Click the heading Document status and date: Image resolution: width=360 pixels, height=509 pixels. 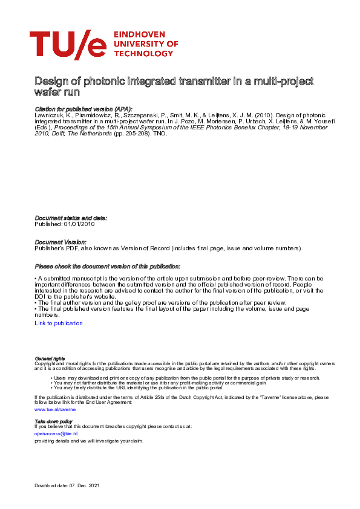point(71,218)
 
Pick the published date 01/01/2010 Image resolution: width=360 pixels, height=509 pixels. point(79,224)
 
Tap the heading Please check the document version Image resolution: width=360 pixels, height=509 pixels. point(107,266)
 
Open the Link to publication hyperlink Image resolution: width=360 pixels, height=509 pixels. point(59,323)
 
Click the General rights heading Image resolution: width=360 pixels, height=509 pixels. point(50,358)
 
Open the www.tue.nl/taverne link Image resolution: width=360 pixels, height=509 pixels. point(55,409)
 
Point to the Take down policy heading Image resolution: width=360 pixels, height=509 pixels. point(53,421)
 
